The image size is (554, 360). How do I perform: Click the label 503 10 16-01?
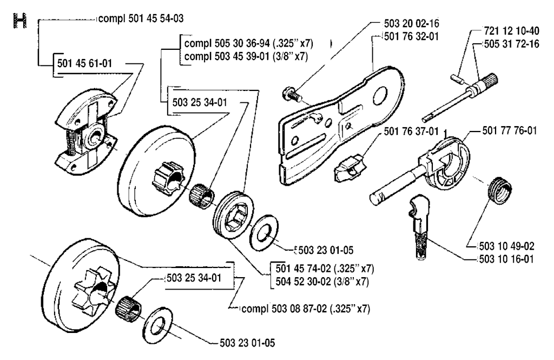507,259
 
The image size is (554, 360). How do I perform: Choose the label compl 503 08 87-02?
306,309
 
